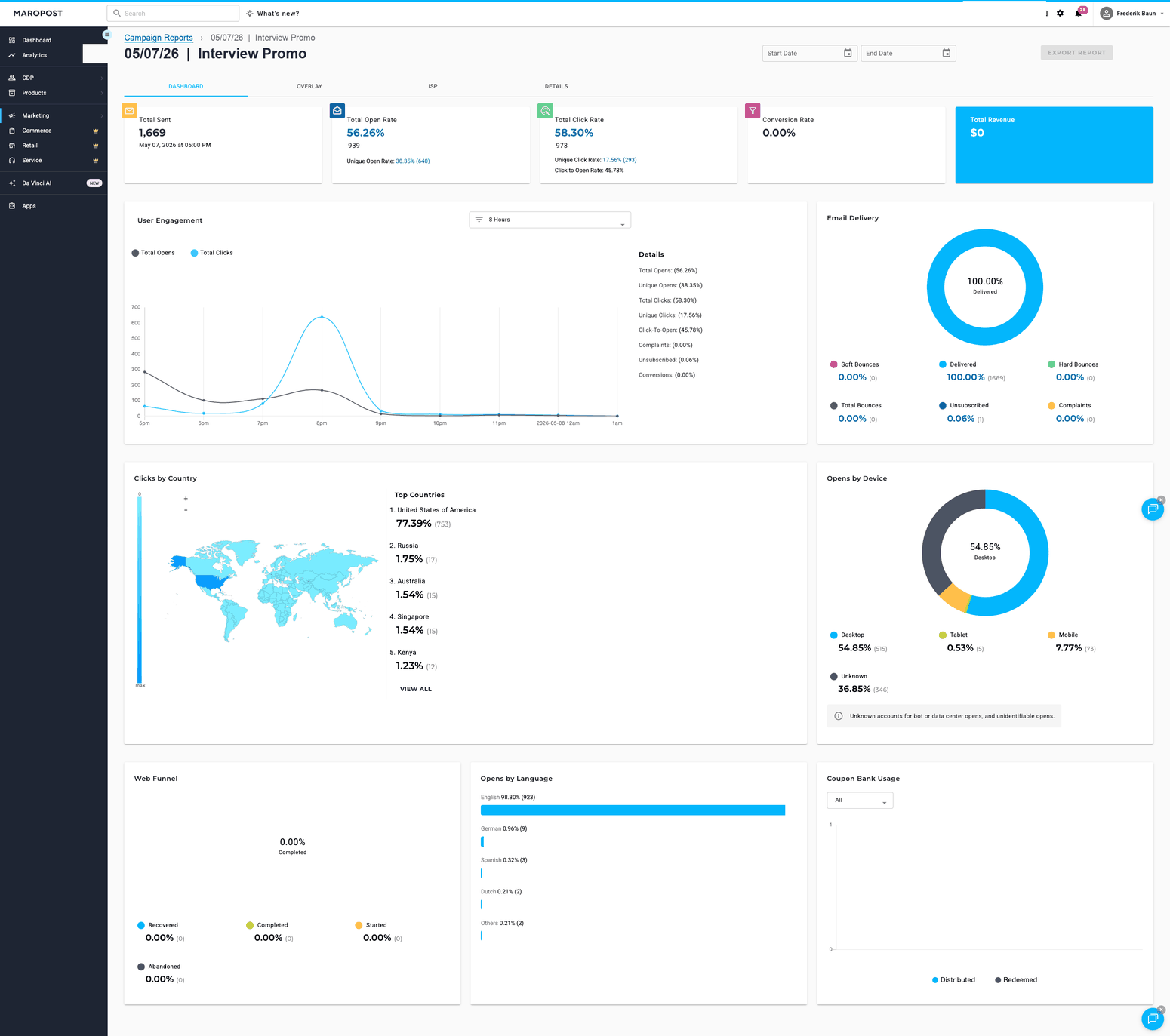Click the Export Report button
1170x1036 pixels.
[1076, 53]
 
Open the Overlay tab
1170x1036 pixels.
[309, 86]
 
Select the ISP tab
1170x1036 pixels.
[433, 86]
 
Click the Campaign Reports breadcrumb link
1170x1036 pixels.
[159, 38]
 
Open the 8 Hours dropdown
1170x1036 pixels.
[550, 220]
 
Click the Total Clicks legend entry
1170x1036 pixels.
[211, 252]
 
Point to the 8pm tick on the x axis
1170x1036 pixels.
[322, 423]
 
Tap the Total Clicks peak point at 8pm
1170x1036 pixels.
[322, 317]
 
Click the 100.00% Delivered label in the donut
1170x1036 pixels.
[984, 284]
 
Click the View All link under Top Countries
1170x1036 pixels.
[416, 689]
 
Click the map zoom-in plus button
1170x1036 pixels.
[186, 498]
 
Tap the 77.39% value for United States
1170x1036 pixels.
[414, 523]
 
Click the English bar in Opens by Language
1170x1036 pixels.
[633, 810]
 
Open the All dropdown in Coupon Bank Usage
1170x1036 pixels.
[860, 801]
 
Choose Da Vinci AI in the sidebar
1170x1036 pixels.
[37, 183]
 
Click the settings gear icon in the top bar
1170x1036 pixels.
[1061, 14]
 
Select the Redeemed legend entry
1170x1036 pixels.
[1016, 980]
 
